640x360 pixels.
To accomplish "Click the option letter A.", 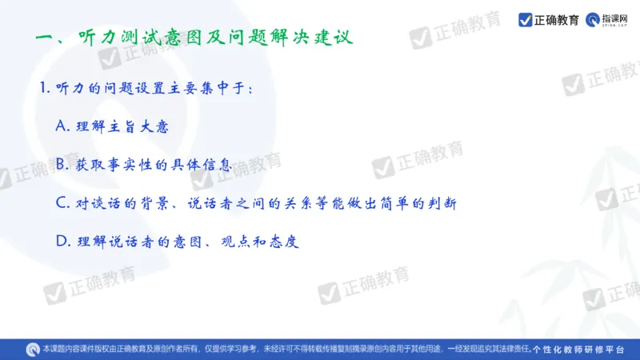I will (x=64, y=126).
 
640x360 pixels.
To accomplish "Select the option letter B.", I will (x=64, y=165).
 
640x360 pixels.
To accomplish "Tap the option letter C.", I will (x=64, y=202).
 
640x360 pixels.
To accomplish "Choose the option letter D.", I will (x=64, y=240).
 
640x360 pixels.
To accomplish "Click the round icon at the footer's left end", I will (x=33, y=349).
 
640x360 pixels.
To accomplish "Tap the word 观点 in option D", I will (x=229, y=240).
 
